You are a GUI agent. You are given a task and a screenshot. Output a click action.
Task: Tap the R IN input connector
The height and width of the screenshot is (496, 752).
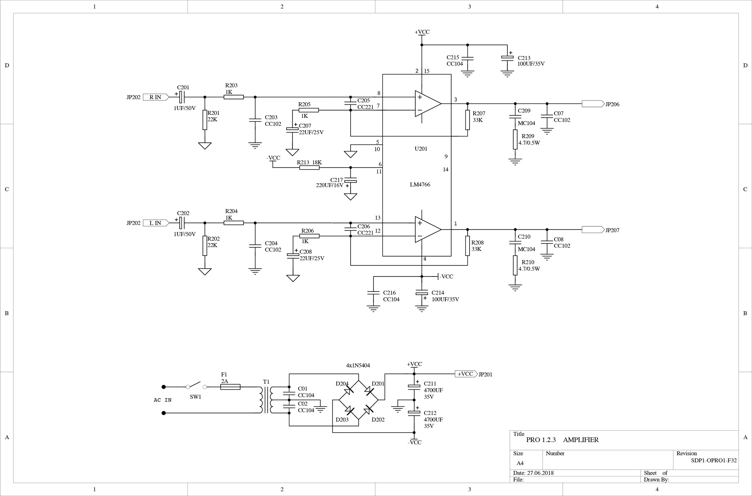click(x=156, y=97)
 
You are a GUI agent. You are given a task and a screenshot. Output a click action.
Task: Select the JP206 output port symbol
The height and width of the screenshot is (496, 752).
click(x=593, y=104)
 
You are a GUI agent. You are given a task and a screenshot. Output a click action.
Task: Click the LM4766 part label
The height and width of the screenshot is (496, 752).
click(x=420, y=184)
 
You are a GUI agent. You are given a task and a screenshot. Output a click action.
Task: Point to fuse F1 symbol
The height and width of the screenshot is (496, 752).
click(x=230, y=387)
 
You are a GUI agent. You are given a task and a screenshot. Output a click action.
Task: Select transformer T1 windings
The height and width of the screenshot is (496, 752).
click(x=266, y=400)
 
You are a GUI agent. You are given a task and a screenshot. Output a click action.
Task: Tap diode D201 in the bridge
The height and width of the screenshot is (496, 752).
click(x=369, y=391)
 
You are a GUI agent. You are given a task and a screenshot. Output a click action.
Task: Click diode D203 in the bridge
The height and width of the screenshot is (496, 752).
click(x=350, y=410)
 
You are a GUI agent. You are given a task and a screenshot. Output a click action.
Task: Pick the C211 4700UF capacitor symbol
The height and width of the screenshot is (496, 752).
click(x=414, y=386)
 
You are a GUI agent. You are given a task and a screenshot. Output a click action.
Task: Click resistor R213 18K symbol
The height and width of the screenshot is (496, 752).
click(x=309, y=168)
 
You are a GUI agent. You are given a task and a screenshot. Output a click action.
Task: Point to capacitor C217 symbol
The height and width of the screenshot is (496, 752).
click(x=350, y=181)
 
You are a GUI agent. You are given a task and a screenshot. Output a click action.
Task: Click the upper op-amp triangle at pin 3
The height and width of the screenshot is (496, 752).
click(x=427, y=104)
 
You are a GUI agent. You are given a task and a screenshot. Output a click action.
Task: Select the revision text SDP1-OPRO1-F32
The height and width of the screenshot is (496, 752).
click(x=713, y=461)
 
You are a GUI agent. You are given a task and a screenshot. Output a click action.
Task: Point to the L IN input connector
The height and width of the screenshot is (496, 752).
click(x=156, y=223)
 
